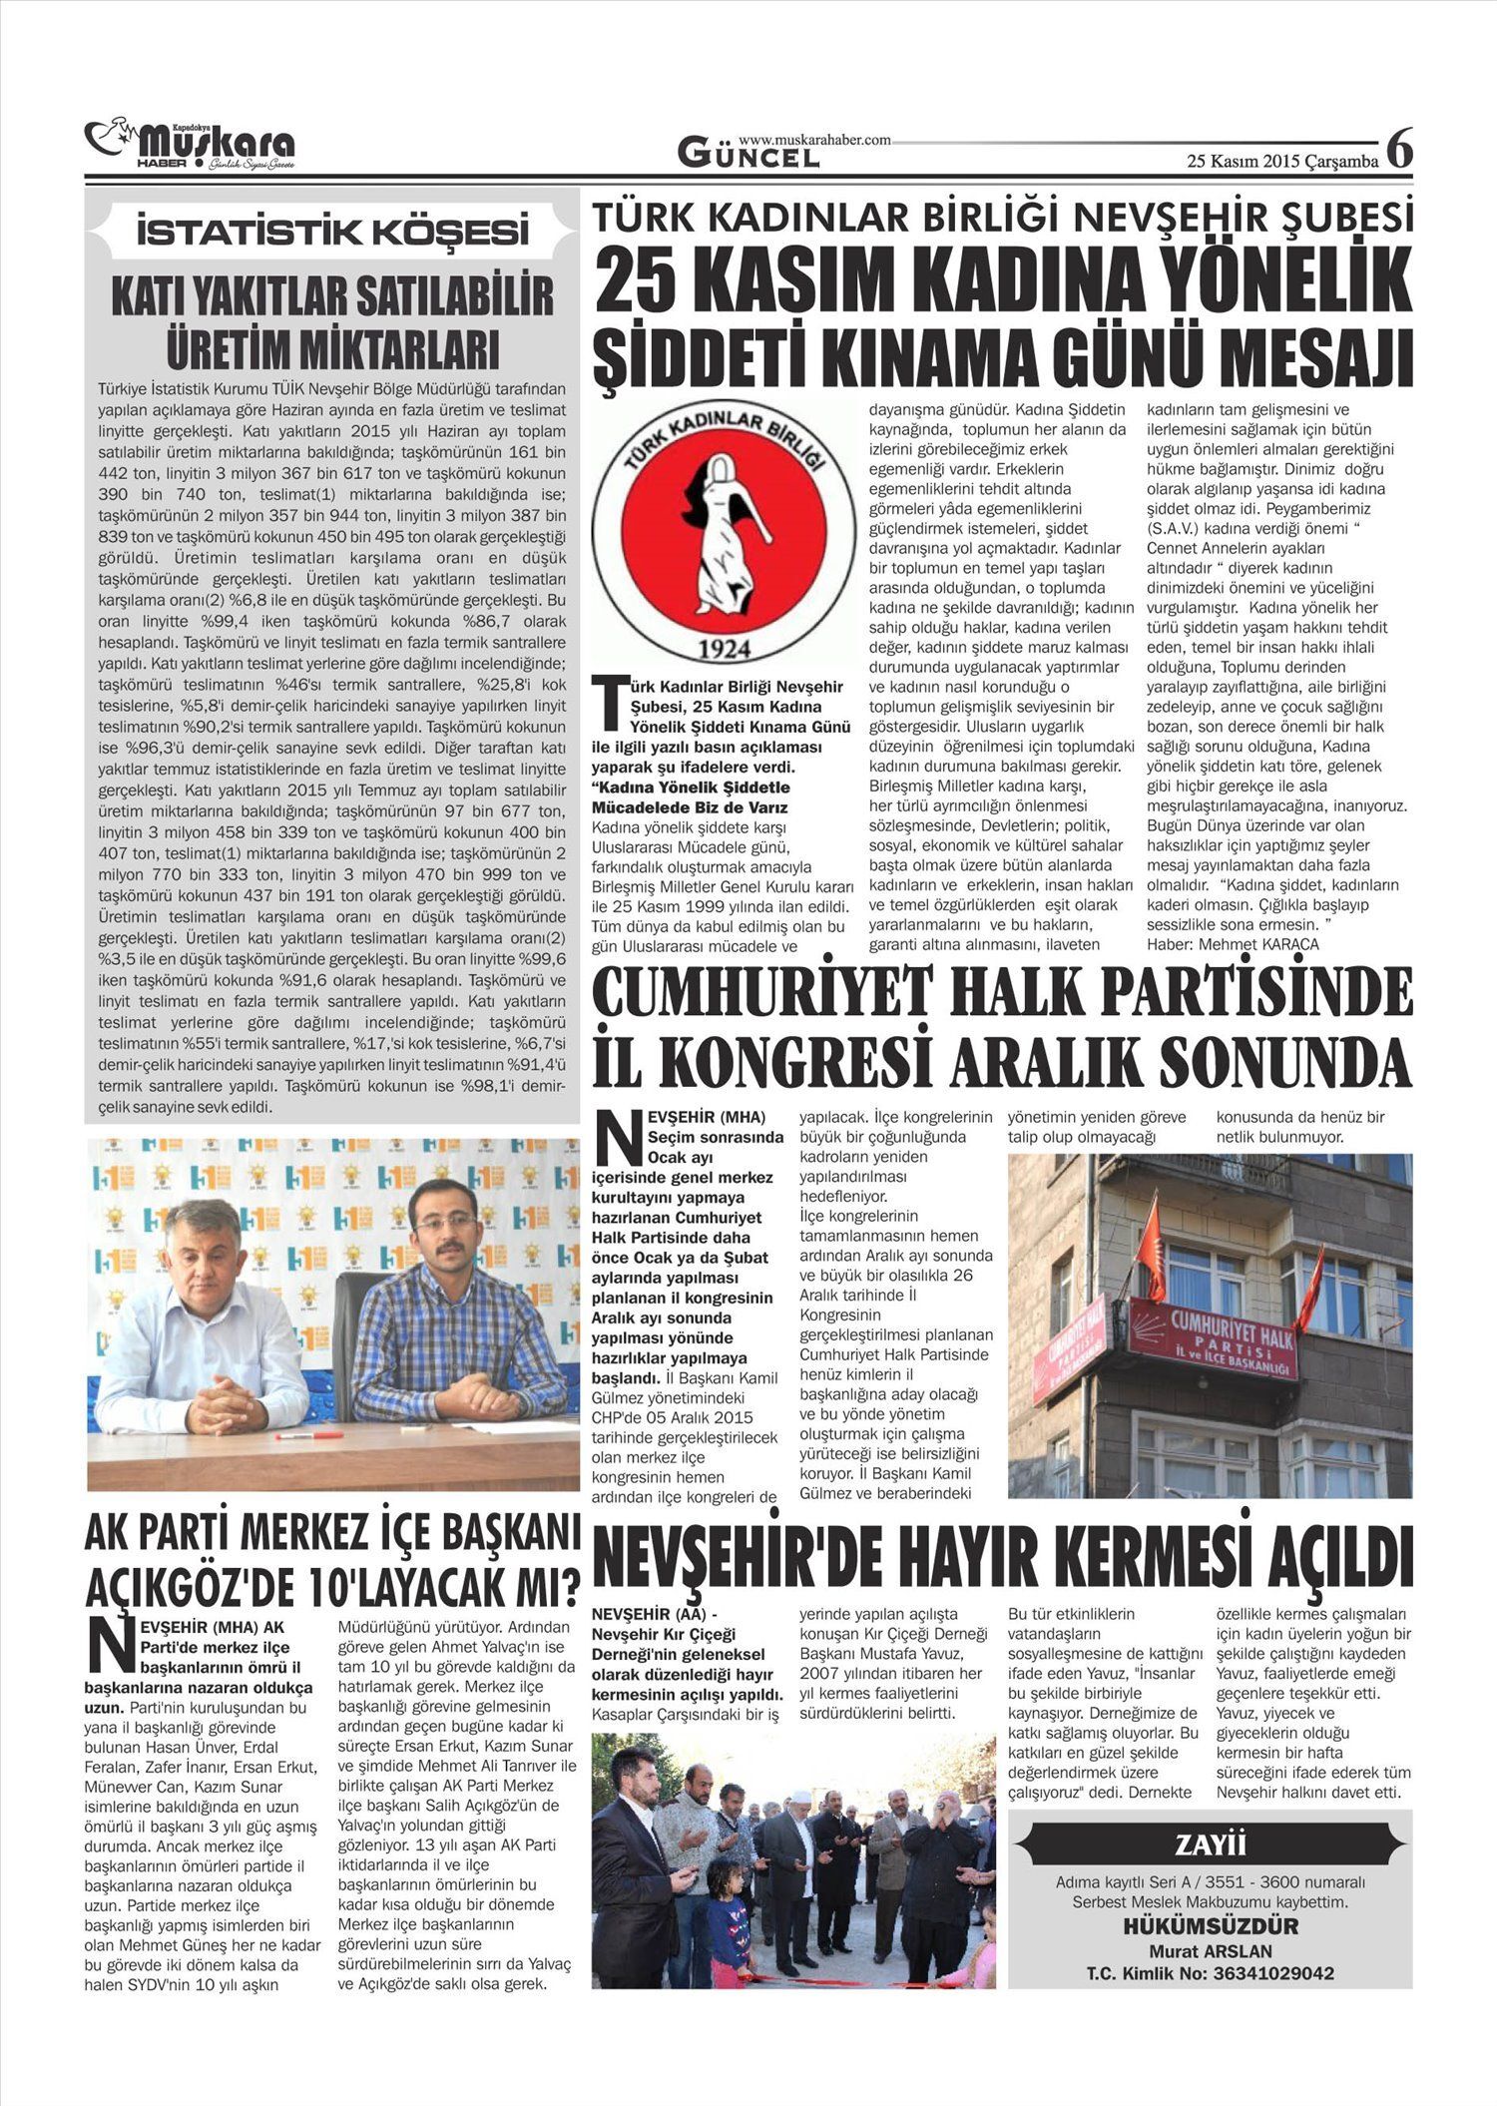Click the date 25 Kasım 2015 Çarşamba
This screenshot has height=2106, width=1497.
1282,160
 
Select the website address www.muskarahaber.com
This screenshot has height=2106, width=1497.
814,140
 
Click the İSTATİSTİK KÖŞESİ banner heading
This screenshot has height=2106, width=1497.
332,234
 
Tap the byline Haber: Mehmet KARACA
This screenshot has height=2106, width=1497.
1233,943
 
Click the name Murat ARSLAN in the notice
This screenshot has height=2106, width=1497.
1210,1951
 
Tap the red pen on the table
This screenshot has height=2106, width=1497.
308,1434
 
